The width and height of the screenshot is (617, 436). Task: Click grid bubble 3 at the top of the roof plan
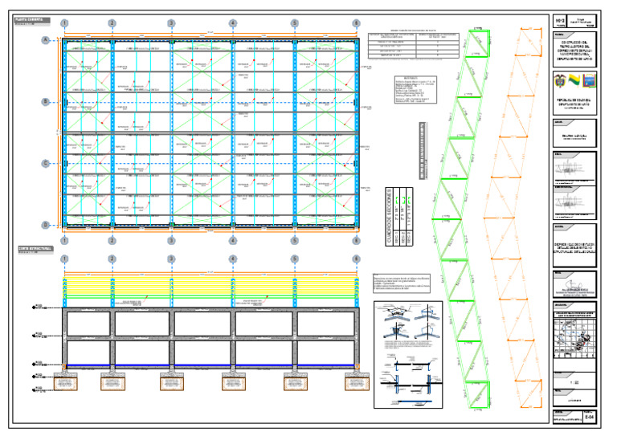click(x=171, y=23)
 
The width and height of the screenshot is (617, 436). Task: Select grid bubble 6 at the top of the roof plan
click(x=356, y=23)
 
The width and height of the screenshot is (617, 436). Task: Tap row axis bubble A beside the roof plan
click(x=46, y=40)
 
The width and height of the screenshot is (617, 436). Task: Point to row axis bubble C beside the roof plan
click(x=46, y=164)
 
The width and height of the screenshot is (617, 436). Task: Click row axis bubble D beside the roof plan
click(x=46, y=225)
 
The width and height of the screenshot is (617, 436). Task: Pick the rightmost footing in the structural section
click(x=356, y=381)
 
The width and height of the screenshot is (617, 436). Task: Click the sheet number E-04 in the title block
click(x=590, y=417)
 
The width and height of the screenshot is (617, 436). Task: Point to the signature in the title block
click(x=574, y=285)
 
